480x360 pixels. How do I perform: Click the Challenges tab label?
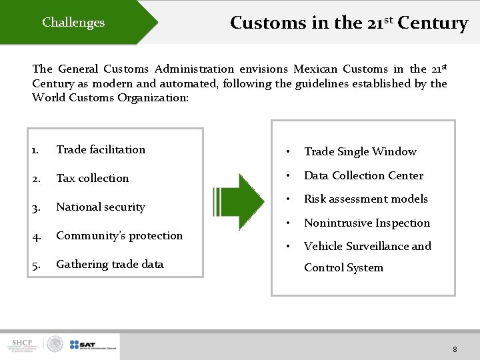73,23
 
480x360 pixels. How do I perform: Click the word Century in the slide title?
433,23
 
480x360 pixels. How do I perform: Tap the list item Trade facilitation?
101,149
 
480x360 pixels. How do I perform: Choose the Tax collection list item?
92,178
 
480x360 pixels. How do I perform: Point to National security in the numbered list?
100,207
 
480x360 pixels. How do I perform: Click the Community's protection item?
119,235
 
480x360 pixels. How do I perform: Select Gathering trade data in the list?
109,264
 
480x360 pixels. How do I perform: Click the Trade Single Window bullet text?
360,152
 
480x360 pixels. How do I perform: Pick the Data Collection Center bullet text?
363,175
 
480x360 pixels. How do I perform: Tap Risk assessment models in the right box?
366,199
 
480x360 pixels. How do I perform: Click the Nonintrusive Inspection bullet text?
367,223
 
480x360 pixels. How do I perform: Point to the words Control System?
343,267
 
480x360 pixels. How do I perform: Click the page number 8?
454,349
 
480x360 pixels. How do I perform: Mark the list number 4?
36,236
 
